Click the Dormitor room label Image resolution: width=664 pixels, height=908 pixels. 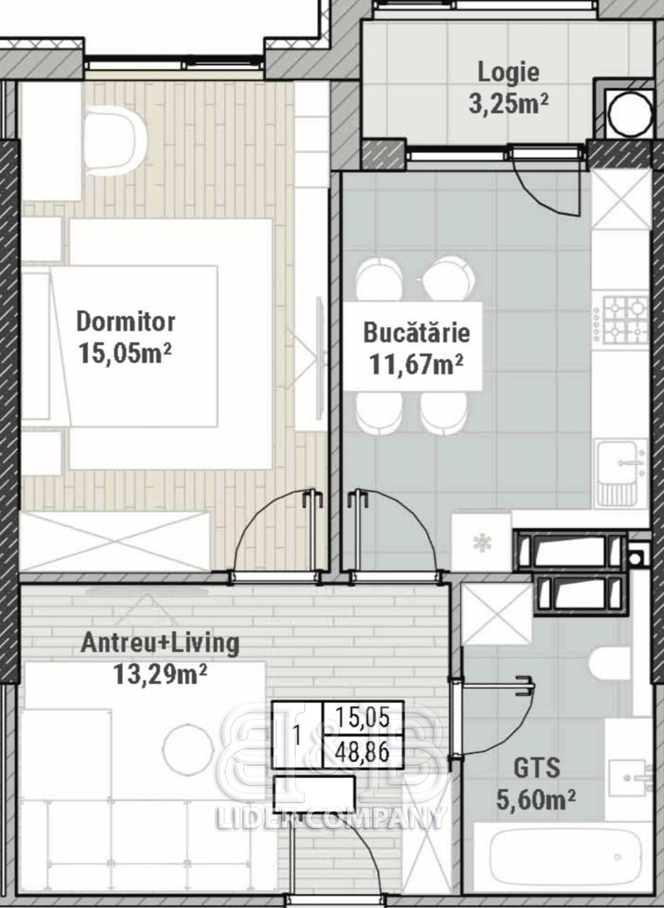point(126,322)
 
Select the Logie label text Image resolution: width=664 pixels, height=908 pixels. point(509,73)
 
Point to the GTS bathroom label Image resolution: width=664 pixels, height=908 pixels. point(537,768)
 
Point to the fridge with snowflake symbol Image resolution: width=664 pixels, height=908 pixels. point(482,542)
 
